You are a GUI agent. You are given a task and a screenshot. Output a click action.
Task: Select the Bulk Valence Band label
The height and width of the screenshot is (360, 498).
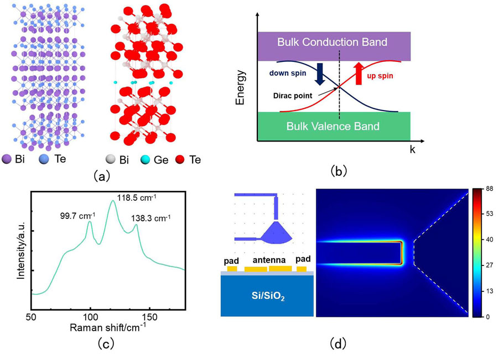coord(333,126)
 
